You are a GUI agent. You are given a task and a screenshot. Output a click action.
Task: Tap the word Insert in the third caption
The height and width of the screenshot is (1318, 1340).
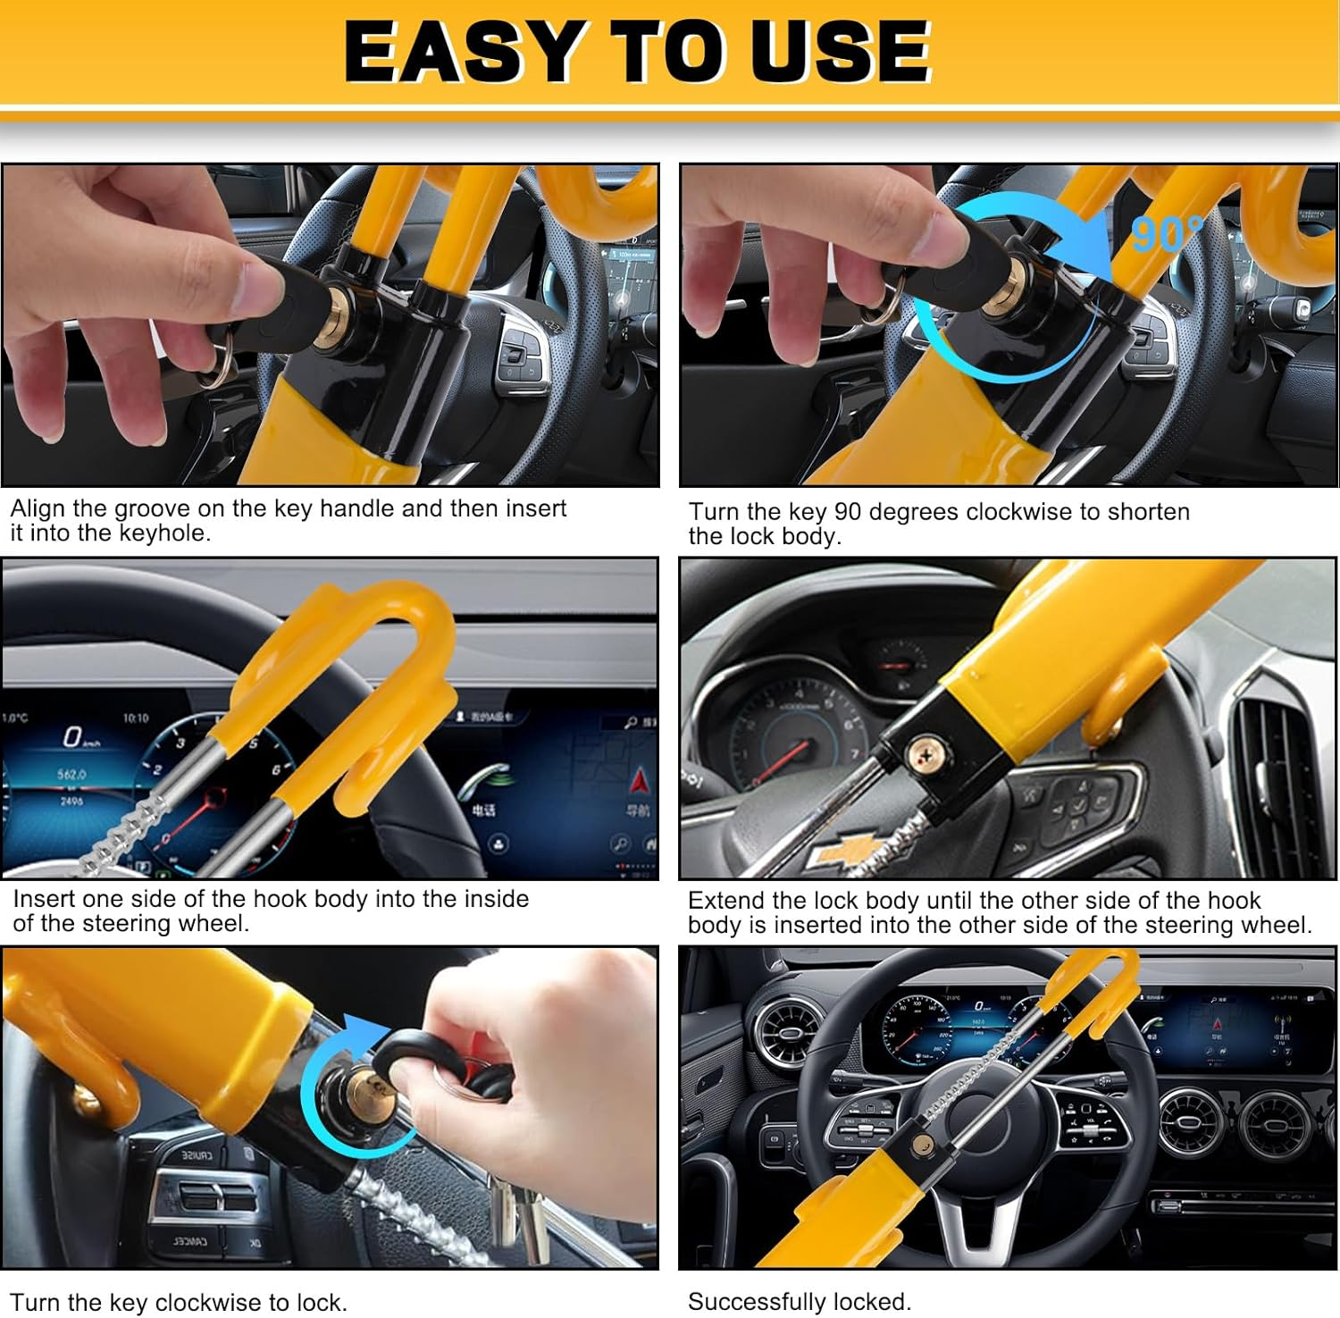[44, 899]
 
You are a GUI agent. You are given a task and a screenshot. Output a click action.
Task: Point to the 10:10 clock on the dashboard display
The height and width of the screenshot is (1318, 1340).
[136, 718]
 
